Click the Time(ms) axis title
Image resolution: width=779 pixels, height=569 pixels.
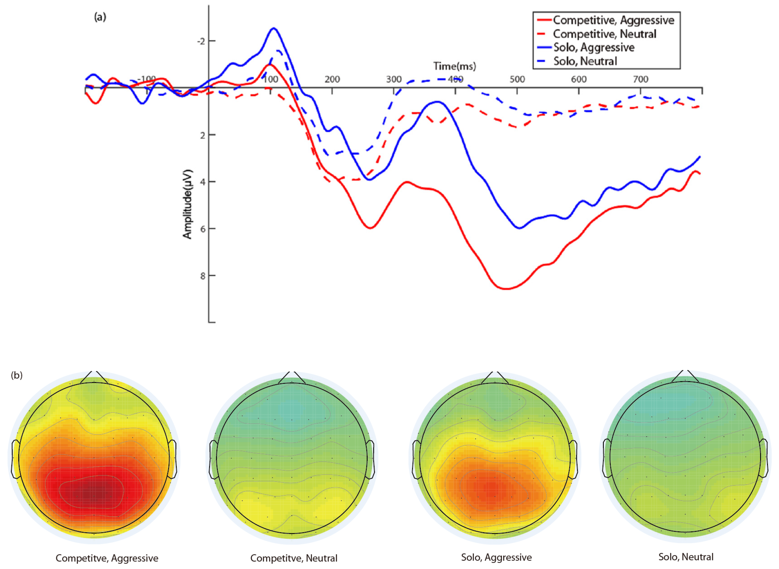point(454,66)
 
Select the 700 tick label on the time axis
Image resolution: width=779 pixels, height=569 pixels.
point(641,80)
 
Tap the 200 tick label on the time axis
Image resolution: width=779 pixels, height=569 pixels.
point(332,80)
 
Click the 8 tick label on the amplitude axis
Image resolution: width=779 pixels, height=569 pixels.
point(203,276)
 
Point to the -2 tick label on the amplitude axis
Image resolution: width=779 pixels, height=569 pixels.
point(201,41)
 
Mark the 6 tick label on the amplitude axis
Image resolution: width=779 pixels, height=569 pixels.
point(203,229)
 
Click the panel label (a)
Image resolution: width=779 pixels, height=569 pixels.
point(100,17)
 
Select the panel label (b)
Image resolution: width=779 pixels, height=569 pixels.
point(17,375)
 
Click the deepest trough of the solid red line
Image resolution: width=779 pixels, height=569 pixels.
point(506,289)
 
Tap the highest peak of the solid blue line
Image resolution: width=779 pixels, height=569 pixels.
point(274,28)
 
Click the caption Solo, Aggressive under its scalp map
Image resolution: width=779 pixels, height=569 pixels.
point(496,557)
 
